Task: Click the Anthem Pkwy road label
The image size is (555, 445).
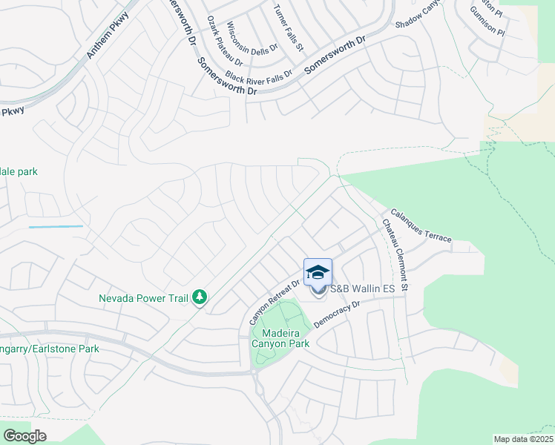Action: point(108,36)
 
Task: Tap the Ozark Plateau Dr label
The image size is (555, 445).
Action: point(220,42)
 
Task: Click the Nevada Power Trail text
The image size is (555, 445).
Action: point(144,299)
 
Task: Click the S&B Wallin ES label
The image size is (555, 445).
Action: point(359,288)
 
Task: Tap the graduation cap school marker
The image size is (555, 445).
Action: point(318,272)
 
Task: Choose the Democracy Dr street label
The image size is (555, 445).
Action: point(337,314)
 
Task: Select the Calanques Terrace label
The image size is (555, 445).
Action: point(420,224)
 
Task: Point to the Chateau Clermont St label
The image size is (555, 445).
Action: point(395,254)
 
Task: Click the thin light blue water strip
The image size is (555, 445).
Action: point(56,226)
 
